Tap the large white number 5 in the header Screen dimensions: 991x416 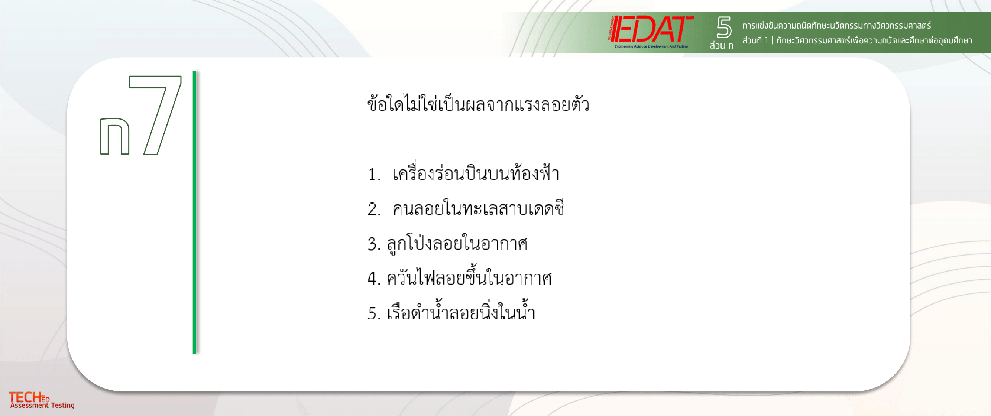pyautogui.click(x=723, y=27)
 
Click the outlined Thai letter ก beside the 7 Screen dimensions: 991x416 pyautogui.click(x=115, y=136)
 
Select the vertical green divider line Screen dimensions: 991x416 pyautogui.click(x=194, y=212)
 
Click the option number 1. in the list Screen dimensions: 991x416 pyautogui.click(x=374, y=174)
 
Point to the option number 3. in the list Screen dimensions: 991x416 pyautogui.click(x=374, y=244)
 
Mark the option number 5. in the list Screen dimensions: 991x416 pyautogui.click(x=374, y=313)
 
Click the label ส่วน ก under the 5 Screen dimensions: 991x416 pyautogui.click(x=722, y=45)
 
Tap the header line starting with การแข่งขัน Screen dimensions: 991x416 pyautogui.click(x=837, y=25)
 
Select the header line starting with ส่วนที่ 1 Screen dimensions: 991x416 pyautogui.click(x=857, y=40)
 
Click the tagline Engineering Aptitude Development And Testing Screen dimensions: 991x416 pyautogui.click(x=651, y=46)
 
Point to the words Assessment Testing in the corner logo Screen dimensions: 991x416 pyautogui.click(x=42, y=405)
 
